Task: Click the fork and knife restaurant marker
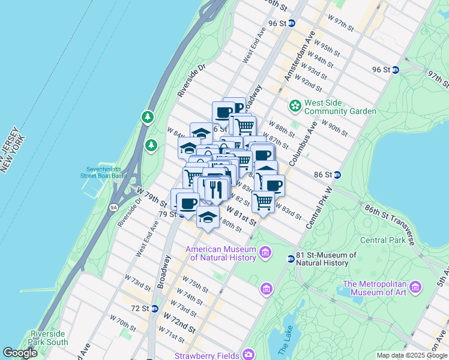tap(215, 190)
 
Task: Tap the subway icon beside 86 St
tap(337, 175)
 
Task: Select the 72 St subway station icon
tap(154, 308)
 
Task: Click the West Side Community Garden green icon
tap(295, 106)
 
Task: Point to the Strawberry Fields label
tap(206, 355)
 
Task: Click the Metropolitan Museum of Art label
tap(376, 288)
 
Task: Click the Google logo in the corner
tap(20, 353)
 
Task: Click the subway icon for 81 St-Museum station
tap(291, 259)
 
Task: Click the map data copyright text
tap(411, 355)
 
